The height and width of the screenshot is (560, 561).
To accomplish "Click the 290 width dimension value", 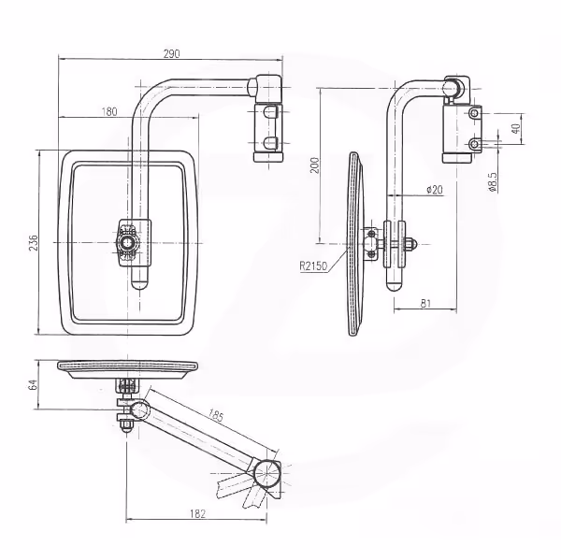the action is [171, 53].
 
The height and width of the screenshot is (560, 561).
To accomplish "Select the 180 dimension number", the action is [109, 111].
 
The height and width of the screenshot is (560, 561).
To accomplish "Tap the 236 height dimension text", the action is [34, 243].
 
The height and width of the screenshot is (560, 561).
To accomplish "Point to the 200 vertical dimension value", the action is [314, 165].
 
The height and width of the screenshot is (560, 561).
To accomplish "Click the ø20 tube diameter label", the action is [435, 190].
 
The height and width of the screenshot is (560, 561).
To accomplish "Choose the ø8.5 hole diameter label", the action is [493, 182].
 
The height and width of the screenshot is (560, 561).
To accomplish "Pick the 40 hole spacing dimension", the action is [515, 128].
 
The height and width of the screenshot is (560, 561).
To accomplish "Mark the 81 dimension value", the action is [425, 304].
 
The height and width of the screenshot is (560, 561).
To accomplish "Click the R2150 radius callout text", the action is [313, 266].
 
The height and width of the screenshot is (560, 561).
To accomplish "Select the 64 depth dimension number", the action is [32, 385].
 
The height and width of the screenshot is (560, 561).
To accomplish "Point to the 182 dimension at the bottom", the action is [198, 514].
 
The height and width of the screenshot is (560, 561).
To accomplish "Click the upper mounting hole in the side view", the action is [475, 114].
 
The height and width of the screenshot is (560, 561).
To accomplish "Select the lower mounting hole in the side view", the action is [475, 144].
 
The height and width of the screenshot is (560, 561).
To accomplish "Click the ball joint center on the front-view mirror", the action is [126, 243].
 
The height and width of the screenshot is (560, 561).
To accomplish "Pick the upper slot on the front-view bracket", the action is [270, 112].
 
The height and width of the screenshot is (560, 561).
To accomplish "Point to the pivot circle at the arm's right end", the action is [267, 473].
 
